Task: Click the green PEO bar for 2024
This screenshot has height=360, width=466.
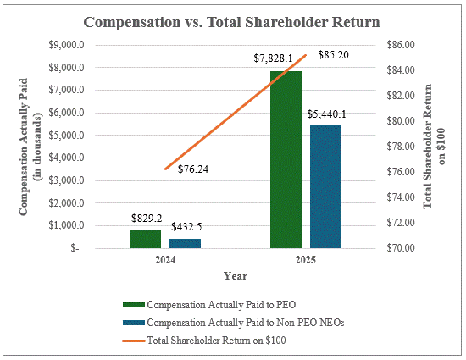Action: pos(145,239)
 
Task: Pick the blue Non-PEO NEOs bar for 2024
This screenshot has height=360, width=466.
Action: pos(186,243)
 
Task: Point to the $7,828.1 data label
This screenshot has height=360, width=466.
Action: pos(273,58)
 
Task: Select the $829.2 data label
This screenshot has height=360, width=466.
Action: pos(146,218)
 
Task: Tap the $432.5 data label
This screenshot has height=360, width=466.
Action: pos(186,227)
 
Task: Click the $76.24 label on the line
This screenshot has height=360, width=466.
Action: pos(194,169)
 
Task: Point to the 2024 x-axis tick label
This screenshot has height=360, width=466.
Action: pos(165,261)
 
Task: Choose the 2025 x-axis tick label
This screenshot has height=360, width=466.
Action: pos(305,261)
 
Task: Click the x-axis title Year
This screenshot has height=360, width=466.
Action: pos(235,275)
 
